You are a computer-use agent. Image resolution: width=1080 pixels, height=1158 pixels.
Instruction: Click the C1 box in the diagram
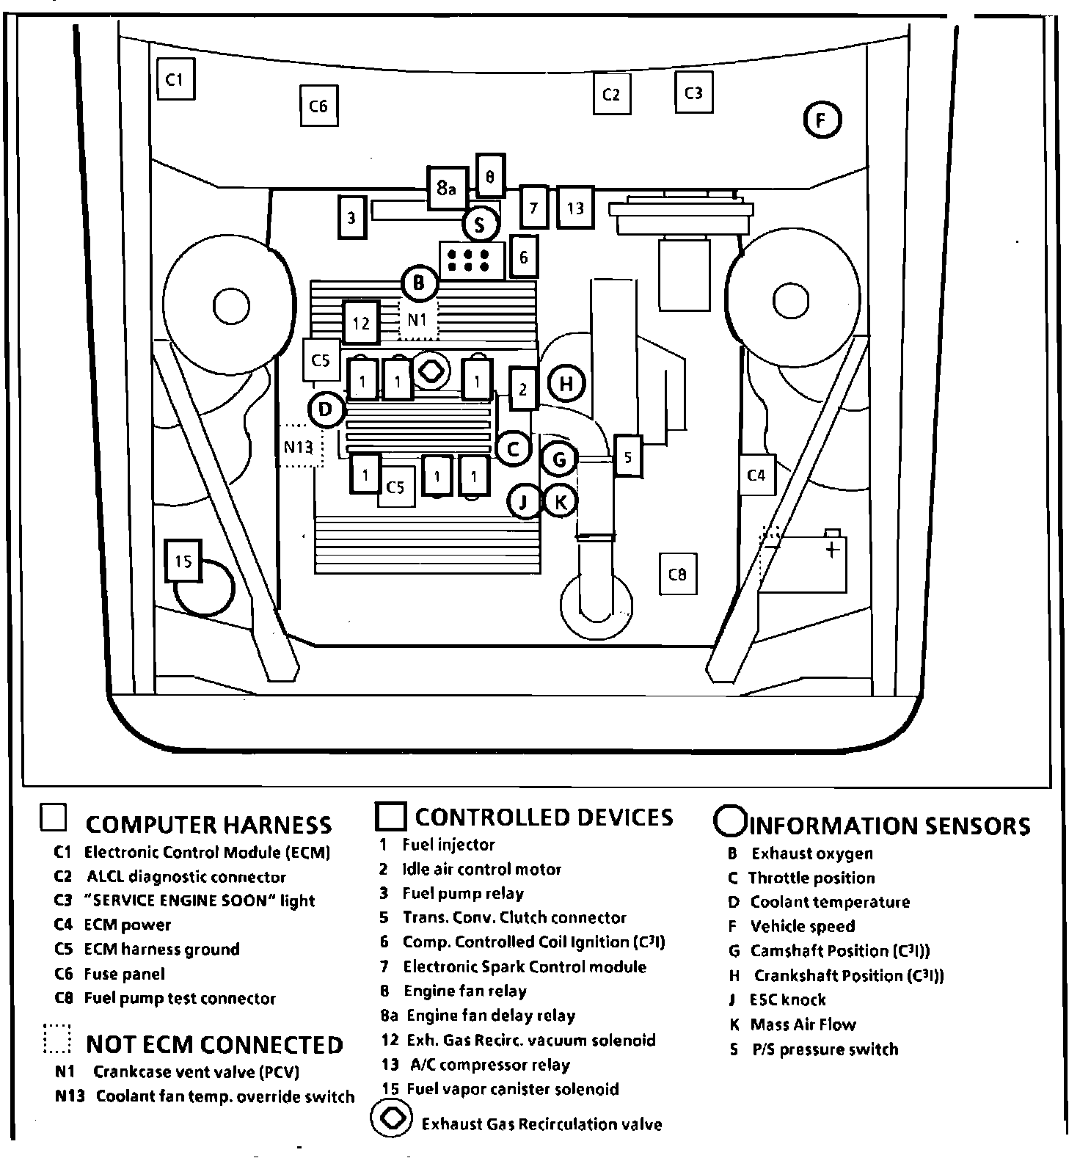click(175, 79)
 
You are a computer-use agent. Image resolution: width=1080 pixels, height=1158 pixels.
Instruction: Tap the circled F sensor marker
click(822, 120)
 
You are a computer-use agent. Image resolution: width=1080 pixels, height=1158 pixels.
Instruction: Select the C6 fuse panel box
click(318, 106)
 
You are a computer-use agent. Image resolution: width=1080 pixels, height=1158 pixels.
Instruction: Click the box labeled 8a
click(447, 189)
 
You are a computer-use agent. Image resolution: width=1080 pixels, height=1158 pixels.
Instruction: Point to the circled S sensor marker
click(480, 225)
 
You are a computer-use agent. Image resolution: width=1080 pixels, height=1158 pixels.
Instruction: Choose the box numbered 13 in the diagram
click(574, 208)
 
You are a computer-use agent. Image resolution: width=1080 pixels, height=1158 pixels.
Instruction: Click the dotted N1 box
click(417, 320)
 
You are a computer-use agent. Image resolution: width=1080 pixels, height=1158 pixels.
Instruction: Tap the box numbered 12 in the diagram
click(361, 322)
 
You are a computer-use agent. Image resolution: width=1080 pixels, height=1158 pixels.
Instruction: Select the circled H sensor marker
click(566, 383)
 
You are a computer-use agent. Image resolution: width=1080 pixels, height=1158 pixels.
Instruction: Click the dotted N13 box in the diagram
click(299, 446)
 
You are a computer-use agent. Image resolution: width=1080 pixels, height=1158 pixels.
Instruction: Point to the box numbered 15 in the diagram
click(183, 561)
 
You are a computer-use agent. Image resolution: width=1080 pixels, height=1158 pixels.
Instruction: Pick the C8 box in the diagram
click(677, 574)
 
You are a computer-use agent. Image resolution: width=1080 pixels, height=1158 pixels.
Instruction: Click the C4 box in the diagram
click(756, 475)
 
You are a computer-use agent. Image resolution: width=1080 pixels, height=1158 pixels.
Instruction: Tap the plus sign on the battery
click(832, 550)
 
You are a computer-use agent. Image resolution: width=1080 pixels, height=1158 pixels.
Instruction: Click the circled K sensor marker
click(560, 502)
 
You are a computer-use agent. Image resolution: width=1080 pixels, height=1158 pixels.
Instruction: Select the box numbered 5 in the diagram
click(628, 456)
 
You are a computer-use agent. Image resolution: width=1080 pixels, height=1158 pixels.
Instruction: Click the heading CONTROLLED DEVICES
click(544, 817)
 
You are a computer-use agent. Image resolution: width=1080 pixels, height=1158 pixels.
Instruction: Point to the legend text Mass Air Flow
click(803, 1024)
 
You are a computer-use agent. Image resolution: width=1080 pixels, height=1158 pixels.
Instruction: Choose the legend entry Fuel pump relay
click(463, 893)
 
